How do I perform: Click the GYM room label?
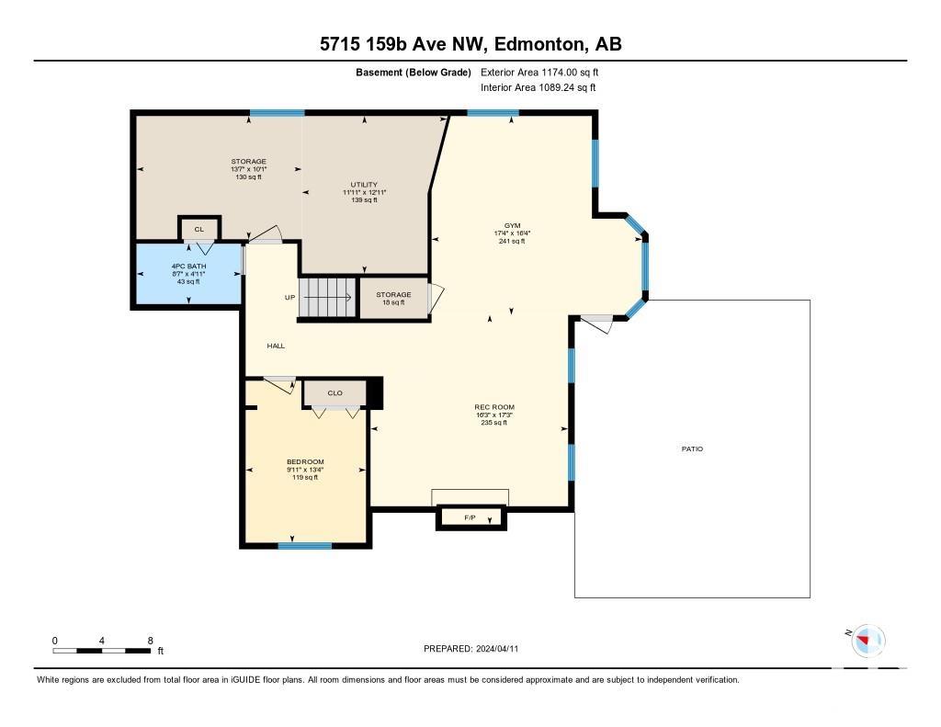(x=512, y=226)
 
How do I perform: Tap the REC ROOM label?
(x=494, y=407)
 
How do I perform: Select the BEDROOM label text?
(x=305, y=461)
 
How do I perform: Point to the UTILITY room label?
(x=364, y=185)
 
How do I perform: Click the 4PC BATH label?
(x=189, y=266)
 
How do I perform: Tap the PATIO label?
(x=692, y=449)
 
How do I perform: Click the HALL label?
(x=276, y=346)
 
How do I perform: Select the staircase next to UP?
(x=328, y=297)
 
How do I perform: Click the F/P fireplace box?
(x=471, y=517)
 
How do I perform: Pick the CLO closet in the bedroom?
(x=334, y=393)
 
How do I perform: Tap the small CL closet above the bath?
(x=199, y=229)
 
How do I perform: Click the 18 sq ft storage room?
(x=393, y=298)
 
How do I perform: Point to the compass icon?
(x=868, y=640)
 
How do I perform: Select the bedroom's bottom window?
(x=305, y=546)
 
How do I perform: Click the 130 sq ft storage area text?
(x=248, y=177)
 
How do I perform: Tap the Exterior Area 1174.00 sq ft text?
(x=539, y=72)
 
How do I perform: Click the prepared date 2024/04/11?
(x=497, y=648)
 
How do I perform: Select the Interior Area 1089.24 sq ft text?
(x=539, y=87)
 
